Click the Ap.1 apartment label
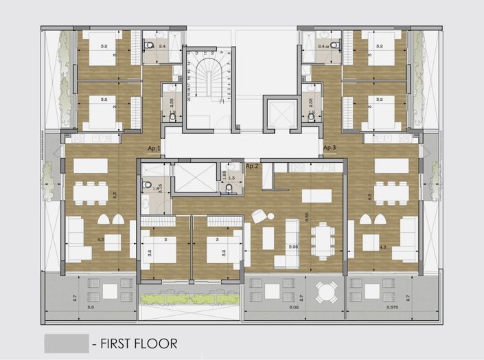154,148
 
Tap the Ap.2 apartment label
252,166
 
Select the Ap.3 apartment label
330,148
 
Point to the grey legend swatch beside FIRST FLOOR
66,343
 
